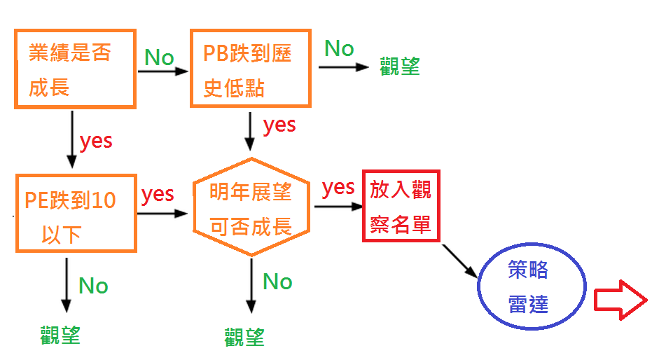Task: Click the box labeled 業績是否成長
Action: tap(75, 68)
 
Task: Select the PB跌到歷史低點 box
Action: tap(251, 68)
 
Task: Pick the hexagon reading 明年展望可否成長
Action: tap(251, 207)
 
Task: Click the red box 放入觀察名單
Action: tap(401, 206)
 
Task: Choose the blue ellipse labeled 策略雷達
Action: tap(532, 287)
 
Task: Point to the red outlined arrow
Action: tap(619, 302)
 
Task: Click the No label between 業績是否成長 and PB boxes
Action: tap(159, 57)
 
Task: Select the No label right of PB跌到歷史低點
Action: tap(339, 48)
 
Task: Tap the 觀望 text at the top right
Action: tap(400, 67)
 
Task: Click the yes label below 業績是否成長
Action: tap(96, 140)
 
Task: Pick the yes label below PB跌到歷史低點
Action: tap(279, 125)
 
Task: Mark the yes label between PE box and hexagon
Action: tap(158, 193)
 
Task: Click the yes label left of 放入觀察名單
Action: tap(338, 187)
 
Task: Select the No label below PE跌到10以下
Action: tap(93, 286)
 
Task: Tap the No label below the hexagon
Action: tap(277, 282)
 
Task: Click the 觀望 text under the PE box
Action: tap(61, 335)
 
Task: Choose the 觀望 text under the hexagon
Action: tap(245, 338)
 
